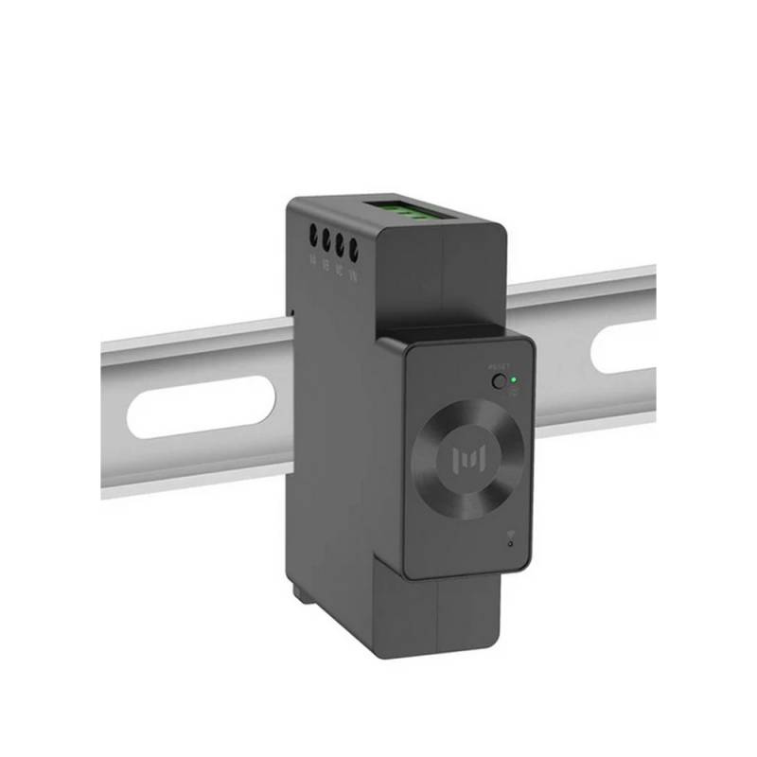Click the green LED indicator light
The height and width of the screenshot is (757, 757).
[513, 380]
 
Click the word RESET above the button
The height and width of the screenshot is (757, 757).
[498, 366]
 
